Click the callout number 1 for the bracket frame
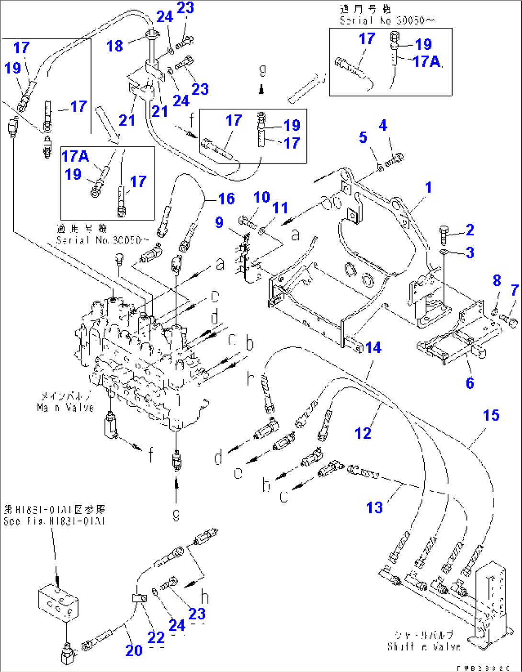[x=429, y=187]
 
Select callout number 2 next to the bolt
[x=470, y=230]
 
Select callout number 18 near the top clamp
[x=115, y=46]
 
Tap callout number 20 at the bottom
[x=134, y=650]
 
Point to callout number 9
[x=219, y=222]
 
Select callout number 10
[x=261, y=197]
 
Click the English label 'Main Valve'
[x=66, y=408]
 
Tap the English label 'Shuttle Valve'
[x=424, y=647]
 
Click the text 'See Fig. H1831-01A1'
[x=54, y=521]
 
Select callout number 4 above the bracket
[x=383, y=125]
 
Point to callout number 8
[x=497, y=280]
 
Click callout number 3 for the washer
[x=470, y=252]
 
